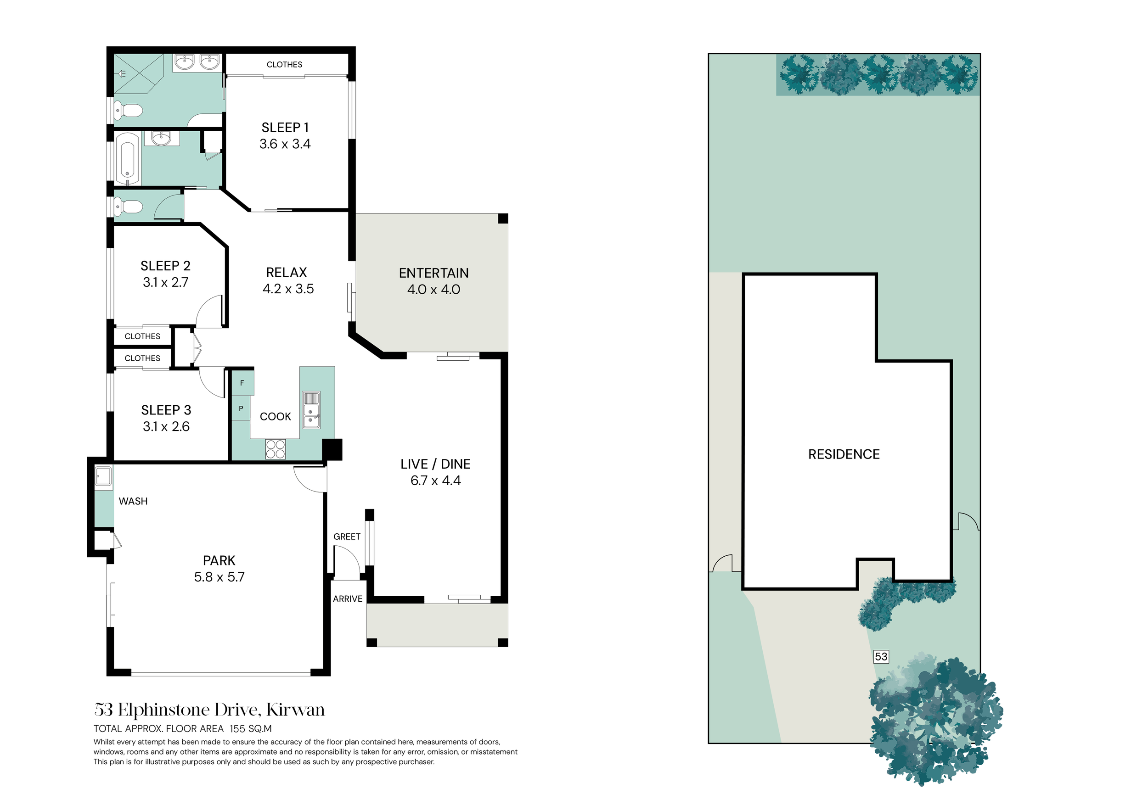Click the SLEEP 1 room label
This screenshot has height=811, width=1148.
coord(285,128)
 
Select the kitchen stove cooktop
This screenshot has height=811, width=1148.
coord(276,449)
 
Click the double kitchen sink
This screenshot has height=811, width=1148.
coord(311,410)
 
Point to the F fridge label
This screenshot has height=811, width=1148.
coord(242,383)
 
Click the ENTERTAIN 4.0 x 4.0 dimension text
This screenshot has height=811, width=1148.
coord(433,289)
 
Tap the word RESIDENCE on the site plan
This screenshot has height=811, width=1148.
coord(844,454)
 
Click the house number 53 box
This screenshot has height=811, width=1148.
coord(881,657)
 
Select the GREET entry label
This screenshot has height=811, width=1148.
coord(347,537)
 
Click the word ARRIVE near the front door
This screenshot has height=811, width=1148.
coord(348,598)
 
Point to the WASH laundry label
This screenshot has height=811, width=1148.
coord(133,501)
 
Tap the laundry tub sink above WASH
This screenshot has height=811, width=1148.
coord(103,477)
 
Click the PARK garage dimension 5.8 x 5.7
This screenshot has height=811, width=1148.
coord(219,577)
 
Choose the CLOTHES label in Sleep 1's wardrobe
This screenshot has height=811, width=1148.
coord(285,64)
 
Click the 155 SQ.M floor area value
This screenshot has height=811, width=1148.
coord(251,728)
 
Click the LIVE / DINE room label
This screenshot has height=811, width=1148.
coord(435,464)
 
